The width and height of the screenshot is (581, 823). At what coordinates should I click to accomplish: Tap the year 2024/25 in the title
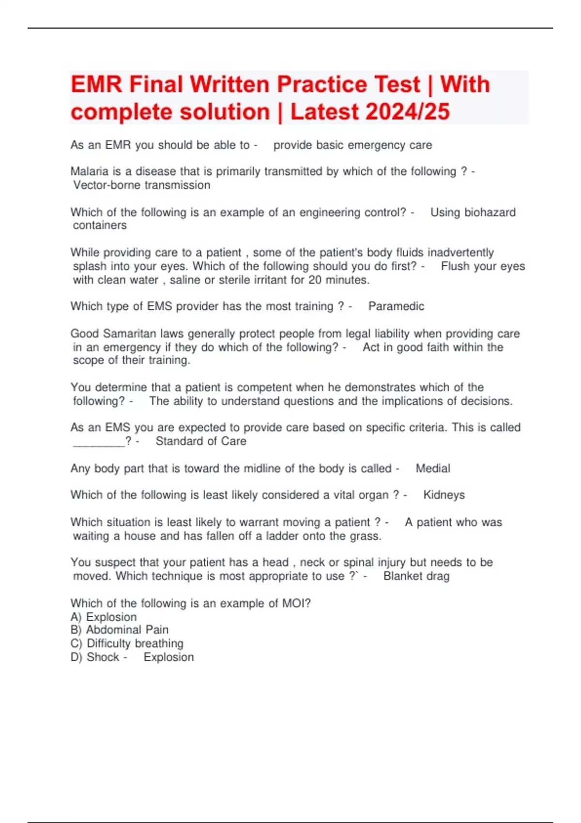point(408,112)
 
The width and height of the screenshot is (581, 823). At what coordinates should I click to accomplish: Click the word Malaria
point(90,171)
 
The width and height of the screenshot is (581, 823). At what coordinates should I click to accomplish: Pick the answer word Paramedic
point(396,306)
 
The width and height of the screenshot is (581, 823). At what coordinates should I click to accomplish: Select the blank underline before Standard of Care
point(99,441)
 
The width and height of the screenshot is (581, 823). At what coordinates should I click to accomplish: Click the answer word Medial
point(433,468)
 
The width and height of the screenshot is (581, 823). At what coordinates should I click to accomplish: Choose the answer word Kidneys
point(444,495)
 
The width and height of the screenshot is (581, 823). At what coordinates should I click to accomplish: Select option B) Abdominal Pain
point(120,630)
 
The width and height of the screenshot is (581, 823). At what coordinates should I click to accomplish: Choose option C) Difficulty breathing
point(127,643)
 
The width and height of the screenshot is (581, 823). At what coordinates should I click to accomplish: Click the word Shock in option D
point(103,657)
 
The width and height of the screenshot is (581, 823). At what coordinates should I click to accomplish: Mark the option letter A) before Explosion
point(76,617)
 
